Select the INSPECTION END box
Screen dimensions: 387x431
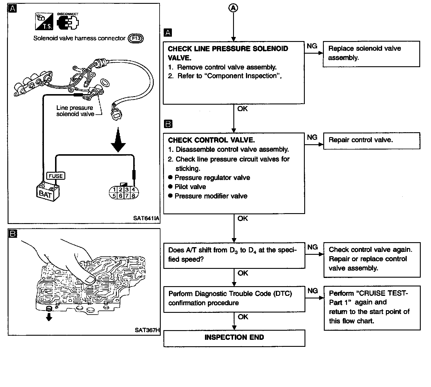(234, 338)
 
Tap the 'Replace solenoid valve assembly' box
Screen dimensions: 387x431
(371, 54)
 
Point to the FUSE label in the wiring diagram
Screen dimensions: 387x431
(56, 176)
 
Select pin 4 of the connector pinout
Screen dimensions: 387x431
(134, 190)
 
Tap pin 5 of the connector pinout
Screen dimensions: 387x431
(114, 196)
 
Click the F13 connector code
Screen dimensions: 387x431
(136, 38)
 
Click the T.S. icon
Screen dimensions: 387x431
(44, 22)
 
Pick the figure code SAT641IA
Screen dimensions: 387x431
(146, 218)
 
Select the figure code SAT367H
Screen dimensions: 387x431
(147, 330)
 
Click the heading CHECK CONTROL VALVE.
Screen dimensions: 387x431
(211, 140)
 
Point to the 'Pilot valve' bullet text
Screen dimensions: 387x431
(190, 187)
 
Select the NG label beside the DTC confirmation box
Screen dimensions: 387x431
(312, 291)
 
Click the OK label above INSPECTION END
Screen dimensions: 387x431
(243, 317)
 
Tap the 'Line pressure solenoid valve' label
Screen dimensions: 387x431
(75, 111)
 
